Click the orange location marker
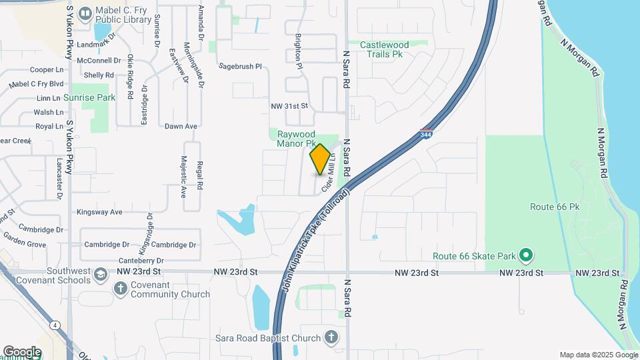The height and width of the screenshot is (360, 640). point(320,159)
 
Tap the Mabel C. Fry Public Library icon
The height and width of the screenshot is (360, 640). point(85,13)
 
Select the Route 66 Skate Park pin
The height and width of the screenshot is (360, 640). point(526,255)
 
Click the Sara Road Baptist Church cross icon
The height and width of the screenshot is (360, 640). point(332,337)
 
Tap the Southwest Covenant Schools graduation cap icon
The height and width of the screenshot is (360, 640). point(99,275)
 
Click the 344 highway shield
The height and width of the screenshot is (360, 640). point(427,134)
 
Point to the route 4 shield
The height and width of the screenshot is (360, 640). point(53,325)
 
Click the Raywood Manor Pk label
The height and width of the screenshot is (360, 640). point(296,138)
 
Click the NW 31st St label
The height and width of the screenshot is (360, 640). point(289,106)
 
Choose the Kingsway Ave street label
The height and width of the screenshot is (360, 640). point(99,212)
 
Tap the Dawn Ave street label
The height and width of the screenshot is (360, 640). point(181,126)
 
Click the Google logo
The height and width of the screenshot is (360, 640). point(22,351)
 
